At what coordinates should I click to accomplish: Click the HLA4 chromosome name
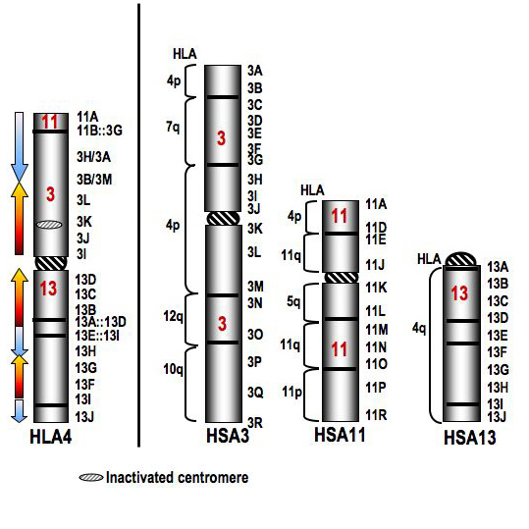pyautogui.click(x=51, y=438)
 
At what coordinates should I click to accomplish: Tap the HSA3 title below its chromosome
pyautogui.click(x=228, y=435)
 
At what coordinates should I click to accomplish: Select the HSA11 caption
pyautogui.click(x=340, y=434)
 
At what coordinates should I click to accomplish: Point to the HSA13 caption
pyautogui.click(x=469, y=438)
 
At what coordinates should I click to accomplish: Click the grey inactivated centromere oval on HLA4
pyautogui.click(x=50, y=225)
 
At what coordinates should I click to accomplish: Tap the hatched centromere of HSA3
pyautogui.click(x=224, y=218)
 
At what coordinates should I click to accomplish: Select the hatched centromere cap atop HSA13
pyautogui.click(x=461, y=259)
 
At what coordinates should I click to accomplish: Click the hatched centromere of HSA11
pyautogui.click(x=341, y=278)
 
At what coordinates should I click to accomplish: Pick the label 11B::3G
pyautogui.click(x=99, y=131)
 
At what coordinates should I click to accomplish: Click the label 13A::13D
pyautogui.click(x=100, y=322)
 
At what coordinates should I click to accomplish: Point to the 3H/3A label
pyautogui.click(x=93, y=157)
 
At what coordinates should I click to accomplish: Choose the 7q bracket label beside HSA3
pyautogui.click(x=173, y=127)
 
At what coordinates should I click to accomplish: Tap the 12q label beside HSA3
pyautogui.click(x=173, y=317)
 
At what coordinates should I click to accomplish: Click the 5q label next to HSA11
pyautogui.click(x=293, y=301)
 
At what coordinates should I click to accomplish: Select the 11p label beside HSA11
pyautogui.click(x=291, y=392)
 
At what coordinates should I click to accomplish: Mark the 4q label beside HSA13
pyautogui.click(x=419, y=328)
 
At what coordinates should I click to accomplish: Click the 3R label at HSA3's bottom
pyautogui.click(x=255, y=422)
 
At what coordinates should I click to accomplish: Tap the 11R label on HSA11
pyautogui.click(x=376, y=415)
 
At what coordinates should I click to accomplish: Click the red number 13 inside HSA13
pyautogui.click(x=459, y=292)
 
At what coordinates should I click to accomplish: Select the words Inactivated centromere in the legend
pyautogui.click(x=177, y=477)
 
